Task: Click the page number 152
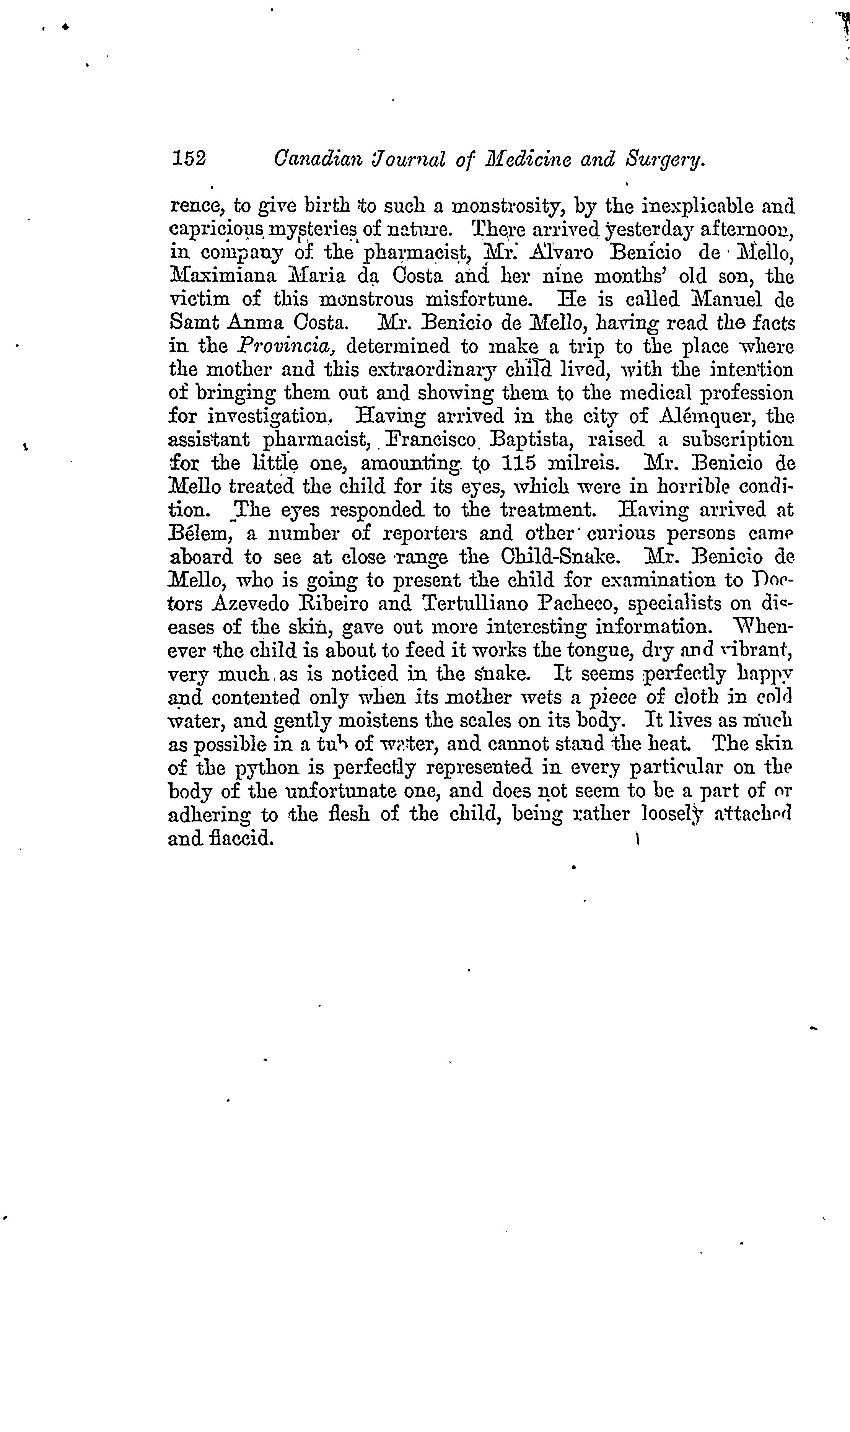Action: (189, 159)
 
